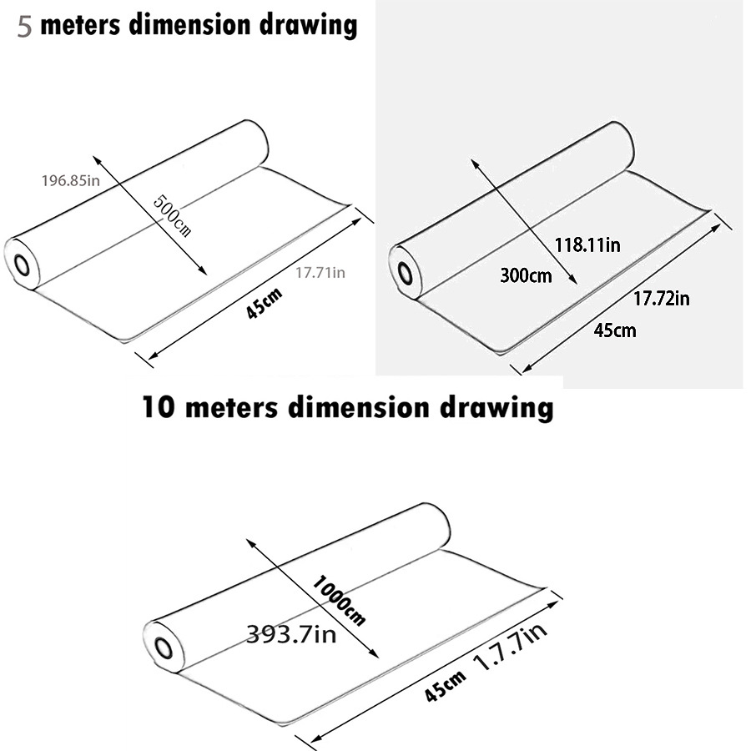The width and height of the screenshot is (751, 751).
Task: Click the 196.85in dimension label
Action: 71,180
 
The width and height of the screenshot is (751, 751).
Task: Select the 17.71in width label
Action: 320,273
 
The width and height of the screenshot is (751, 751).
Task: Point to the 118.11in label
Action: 587,244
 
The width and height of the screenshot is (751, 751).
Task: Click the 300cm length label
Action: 526,275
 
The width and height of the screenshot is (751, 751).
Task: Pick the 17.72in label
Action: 662,299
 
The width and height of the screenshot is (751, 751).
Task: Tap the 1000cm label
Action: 339,601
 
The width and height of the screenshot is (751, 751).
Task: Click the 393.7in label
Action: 291,635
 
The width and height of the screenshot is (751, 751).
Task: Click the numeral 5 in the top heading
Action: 24,27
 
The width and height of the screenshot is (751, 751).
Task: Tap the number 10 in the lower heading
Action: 159,408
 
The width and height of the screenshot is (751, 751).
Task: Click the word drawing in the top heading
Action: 309,25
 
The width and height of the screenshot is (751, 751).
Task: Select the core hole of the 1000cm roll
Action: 164,648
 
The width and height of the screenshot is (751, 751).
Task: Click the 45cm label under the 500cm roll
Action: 264,303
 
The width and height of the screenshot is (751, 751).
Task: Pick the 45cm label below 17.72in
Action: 615,330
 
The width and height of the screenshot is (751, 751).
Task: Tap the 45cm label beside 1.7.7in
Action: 445,686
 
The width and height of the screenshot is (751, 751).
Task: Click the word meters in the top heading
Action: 80,25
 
